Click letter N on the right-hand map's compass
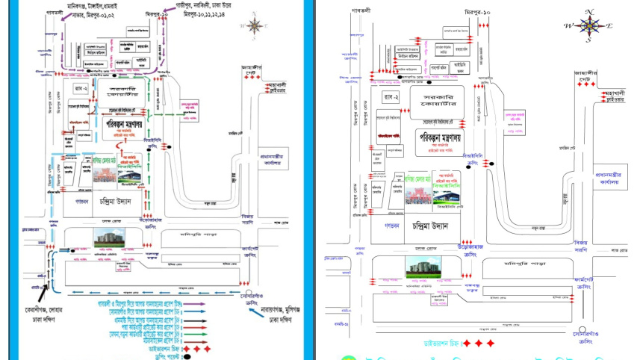click(x=588, y=12)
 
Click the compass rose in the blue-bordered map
click(x=255, y=26)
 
